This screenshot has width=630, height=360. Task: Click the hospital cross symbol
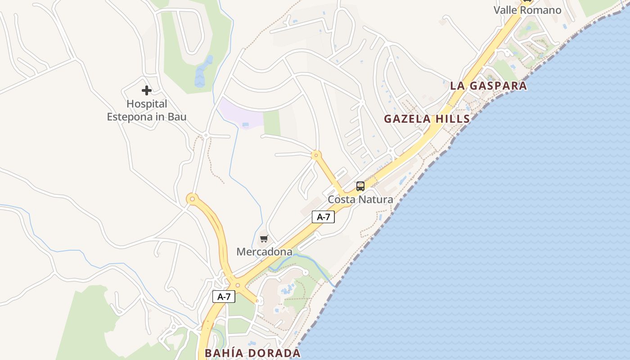146,90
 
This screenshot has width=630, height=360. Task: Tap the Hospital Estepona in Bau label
147,111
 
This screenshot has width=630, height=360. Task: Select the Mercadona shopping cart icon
264,239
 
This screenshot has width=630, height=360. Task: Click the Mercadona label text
264,252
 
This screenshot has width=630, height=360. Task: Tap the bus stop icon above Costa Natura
360,186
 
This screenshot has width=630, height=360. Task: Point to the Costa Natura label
360,199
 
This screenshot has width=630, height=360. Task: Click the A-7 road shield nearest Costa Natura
323,217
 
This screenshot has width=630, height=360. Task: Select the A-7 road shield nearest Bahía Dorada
224,297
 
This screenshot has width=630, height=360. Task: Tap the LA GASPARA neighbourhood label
488,86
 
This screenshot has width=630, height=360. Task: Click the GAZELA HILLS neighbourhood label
427,119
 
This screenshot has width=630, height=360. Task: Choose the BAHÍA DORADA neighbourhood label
252,353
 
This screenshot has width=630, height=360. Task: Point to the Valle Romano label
527,10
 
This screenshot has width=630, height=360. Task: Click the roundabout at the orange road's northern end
193,198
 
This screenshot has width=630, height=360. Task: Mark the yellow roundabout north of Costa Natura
316,156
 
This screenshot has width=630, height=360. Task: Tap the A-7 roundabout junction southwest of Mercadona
238,285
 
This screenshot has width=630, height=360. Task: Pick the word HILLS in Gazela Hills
451,119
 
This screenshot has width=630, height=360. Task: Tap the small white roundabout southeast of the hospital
206,135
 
